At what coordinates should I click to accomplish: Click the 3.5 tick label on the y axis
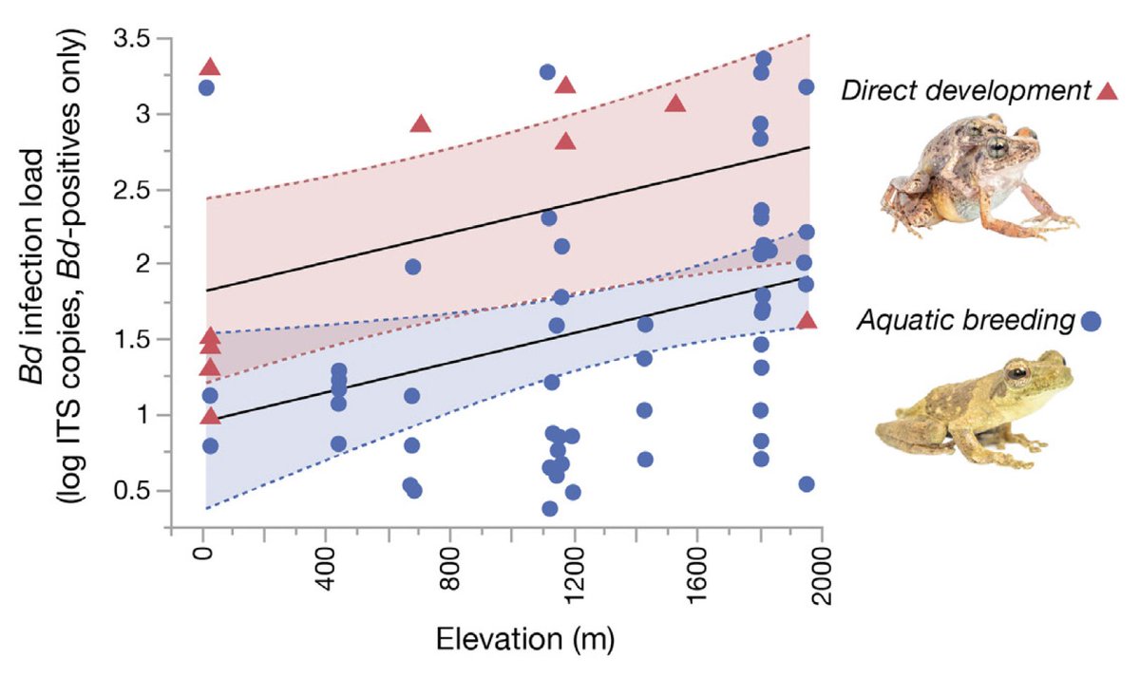point(132,40)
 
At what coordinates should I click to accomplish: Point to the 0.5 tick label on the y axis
point(132,491)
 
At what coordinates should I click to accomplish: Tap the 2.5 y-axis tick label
point(132,190)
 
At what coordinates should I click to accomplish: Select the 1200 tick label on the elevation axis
point(574,578)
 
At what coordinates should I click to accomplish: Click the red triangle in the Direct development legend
point(1107,90)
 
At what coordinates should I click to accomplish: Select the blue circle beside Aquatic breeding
point(1092,321)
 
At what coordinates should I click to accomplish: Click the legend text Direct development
point(963,92)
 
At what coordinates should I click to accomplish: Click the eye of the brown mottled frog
point(997,148)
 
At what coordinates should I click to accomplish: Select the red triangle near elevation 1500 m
point(675,103)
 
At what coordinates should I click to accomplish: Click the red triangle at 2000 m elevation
point(807,319)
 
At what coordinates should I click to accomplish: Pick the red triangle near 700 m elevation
point(421,123)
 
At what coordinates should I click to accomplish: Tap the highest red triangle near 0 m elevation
point(210,66)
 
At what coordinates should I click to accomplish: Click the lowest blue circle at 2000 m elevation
point(807,483)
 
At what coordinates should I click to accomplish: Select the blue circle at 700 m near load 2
point(412,267)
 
